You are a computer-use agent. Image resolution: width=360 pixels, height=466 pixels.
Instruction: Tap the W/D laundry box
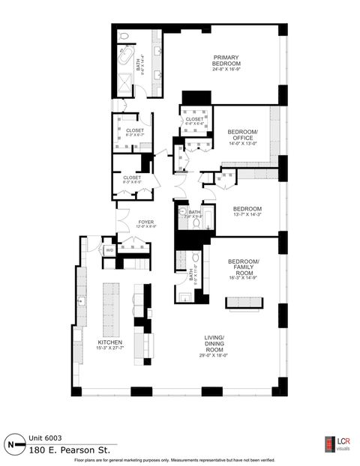tap(109, 249)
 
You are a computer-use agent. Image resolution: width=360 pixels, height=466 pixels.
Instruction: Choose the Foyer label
tap(145, 222)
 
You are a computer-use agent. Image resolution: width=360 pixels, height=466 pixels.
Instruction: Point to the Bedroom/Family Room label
tap(243, 266)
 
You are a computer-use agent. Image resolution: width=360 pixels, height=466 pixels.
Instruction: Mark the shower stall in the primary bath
tap(121, 83)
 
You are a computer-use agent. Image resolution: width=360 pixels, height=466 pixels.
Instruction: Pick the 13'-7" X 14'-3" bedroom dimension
tap(247, 215)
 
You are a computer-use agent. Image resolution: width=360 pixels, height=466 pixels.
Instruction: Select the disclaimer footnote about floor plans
tap(179, 460)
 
